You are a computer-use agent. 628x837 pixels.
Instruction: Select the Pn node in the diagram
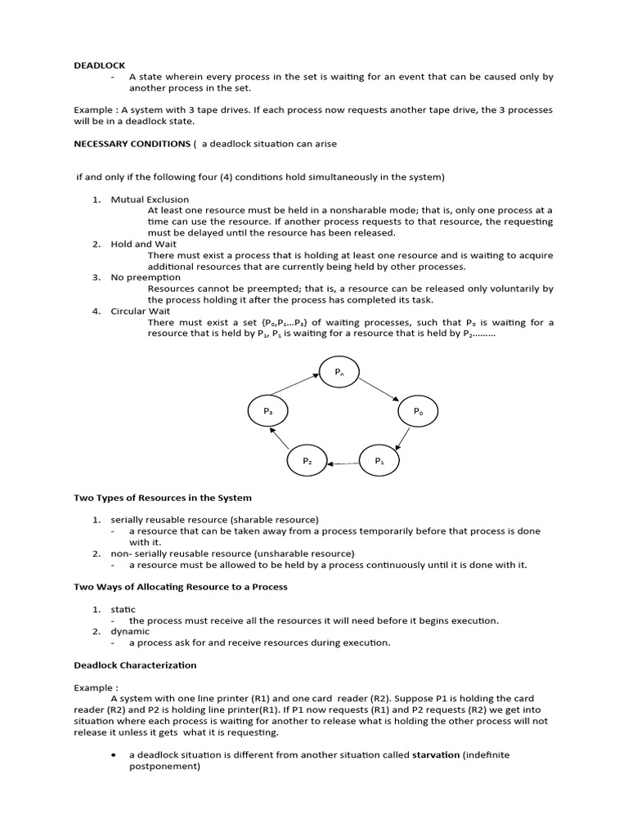pyautogui.click(x=339, y=372)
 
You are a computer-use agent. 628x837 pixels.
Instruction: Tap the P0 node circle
pyautogui.click(x=418, y=411)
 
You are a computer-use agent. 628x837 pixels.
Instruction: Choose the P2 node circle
pyautogui.click(x=307, y=461)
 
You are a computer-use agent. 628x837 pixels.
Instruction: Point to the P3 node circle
pyautogui.click(x=267, y=411)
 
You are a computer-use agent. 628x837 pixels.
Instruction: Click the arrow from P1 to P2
pyautogui.click(x=343, y=463)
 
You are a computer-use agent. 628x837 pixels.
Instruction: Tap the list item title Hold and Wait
pyautogui.click(x=144, y=244)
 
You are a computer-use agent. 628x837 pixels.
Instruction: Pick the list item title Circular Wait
pyautogui.click(x=141, y=311)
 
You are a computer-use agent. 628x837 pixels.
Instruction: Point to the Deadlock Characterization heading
pyautogui.click(x=135, y=665)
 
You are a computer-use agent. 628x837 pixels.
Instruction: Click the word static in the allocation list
pyautogui.click(x=123, y=609)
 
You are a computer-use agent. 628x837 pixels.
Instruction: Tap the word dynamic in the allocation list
pyautogui.click(x=130, y=631)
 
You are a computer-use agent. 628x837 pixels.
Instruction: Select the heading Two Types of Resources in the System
pyautogui.click(x=163, y=497)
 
